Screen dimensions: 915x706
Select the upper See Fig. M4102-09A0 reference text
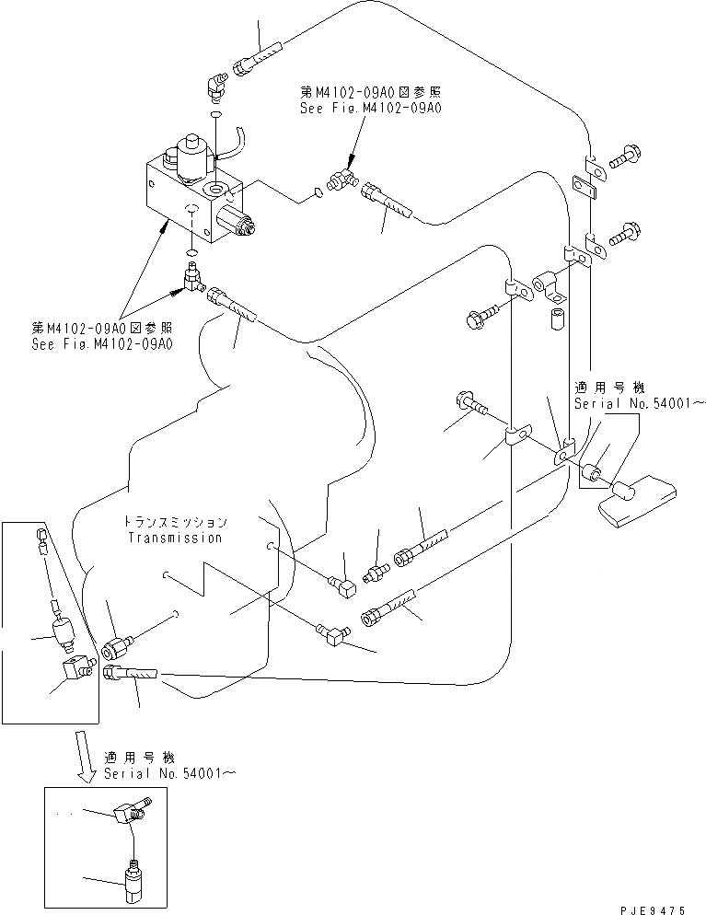coord(370,108)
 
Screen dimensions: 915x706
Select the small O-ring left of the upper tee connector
coord(318,192)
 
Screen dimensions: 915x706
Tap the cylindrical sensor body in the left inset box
coord(62,633)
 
